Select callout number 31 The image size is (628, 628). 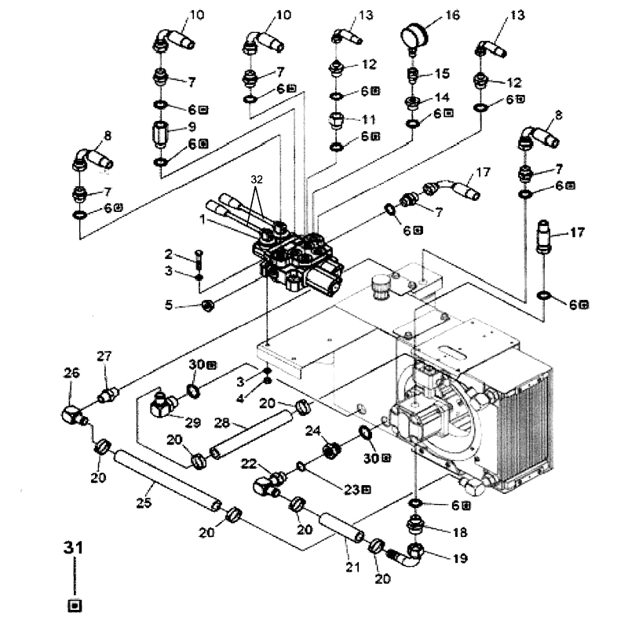point(73,547)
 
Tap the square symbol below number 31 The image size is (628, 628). point(75,605)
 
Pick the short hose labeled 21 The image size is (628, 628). point(342,528)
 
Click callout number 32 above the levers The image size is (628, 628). point(257,179)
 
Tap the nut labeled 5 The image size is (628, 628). point(208,306)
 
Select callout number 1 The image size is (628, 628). point(203,220)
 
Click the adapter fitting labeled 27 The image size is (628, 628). point(107,395)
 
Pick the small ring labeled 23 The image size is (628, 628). point(301,466)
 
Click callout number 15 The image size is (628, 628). point(442,74)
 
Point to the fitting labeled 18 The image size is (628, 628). point(416,524)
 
